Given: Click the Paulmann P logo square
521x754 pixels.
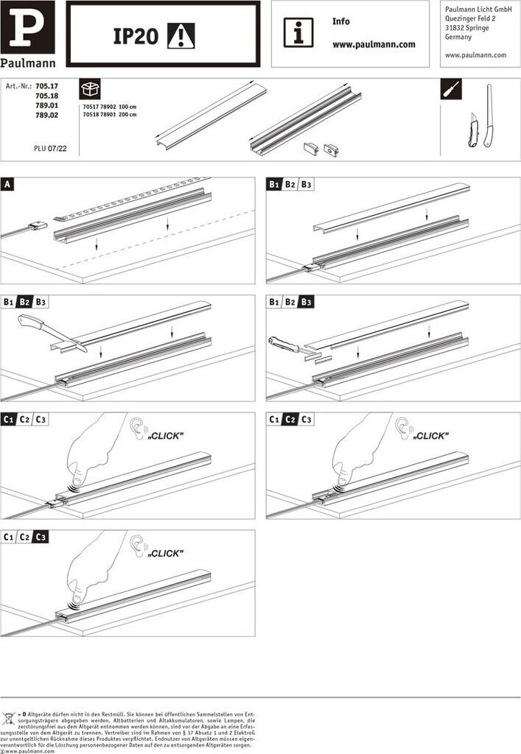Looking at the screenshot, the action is point(27,28).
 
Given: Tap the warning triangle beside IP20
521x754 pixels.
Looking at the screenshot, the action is point(181,35).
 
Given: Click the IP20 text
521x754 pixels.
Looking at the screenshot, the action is point(136,36).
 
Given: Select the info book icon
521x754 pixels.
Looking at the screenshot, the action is point(298,33).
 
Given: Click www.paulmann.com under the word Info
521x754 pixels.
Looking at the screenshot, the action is point(374,44).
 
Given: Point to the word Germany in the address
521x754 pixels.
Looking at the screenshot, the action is point(458,37).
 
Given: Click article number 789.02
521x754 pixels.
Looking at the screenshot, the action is point(46,116).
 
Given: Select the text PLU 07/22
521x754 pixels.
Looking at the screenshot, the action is point(50,148).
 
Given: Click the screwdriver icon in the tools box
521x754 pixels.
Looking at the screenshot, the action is point(451,91).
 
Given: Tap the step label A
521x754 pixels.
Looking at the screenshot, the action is point(7,183).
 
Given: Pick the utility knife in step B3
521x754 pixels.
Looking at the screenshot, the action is point(284,344).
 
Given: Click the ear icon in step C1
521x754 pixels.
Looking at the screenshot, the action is point(137,429).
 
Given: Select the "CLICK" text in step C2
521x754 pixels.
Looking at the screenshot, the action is point(430,436).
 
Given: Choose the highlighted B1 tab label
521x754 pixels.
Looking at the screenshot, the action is point(274,184).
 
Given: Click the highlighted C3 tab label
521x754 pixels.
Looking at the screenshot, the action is point(41,538).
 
